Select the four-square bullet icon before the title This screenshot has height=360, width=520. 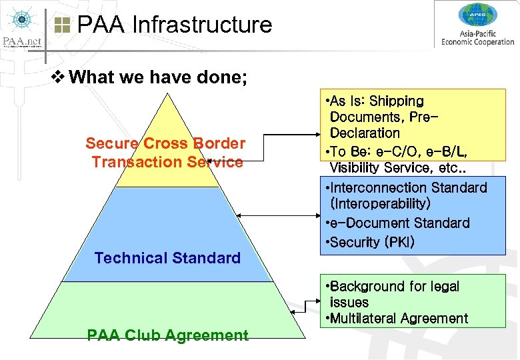(x=62, y=25)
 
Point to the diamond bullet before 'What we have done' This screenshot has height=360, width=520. (x=57, y=77)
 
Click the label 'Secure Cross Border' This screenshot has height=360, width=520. (x=165, y=143)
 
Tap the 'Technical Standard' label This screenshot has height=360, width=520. (x=167, y=258)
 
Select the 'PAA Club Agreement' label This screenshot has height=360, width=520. (x=167, y=335)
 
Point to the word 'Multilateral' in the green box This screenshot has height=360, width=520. (x=365, y=319)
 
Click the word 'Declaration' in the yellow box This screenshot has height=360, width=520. (x=365, y=133)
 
